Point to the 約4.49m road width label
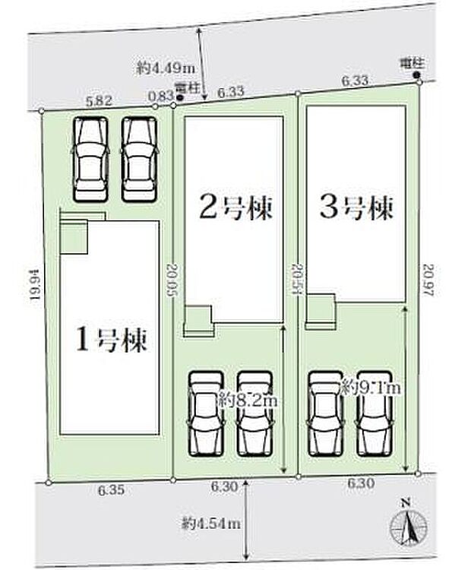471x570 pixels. pos(163,68)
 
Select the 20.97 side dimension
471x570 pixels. pos(430,279)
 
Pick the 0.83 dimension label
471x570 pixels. pos(160,95)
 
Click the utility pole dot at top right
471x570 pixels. pos(416,75)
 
